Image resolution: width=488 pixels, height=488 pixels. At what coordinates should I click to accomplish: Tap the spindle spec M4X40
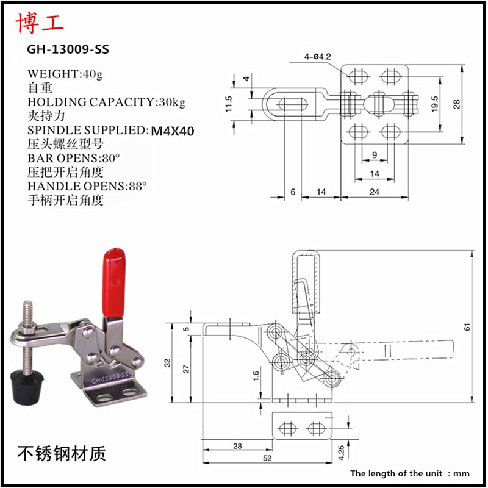174,130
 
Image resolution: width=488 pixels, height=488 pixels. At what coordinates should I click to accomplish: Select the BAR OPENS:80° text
74,158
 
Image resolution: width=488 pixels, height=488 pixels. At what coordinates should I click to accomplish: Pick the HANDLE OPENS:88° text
87,186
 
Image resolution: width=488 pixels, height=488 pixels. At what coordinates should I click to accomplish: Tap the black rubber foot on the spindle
28,384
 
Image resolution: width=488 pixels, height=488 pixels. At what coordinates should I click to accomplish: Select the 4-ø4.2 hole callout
317,58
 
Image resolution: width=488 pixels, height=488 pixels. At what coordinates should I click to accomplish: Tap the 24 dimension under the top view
374,192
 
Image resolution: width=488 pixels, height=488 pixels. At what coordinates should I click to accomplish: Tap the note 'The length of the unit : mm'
409,473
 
